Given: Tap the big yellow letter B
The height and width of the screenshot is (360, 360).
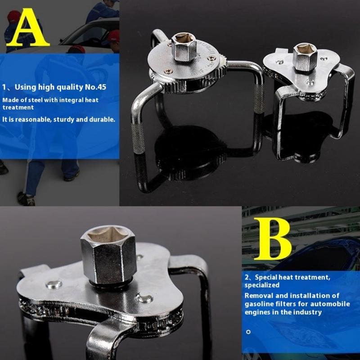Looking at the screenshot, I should [x=272, y=238].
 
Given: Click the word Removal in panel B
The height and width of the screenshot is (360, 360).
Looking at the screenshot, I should [x=260, y=296].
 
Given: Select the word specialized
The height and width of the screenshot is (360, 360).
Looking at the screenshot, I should [x=262, y=285].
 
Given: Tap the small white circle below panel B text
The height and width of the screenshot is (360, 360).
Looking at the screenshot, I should [x=248, y=332].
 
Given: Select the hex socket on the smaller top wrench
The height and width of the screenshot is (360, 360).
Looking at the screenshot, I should [x=305, y=56].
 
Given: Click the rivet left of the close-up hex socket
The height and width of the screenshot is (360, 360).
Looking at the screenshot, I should [x=54, y=284].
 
